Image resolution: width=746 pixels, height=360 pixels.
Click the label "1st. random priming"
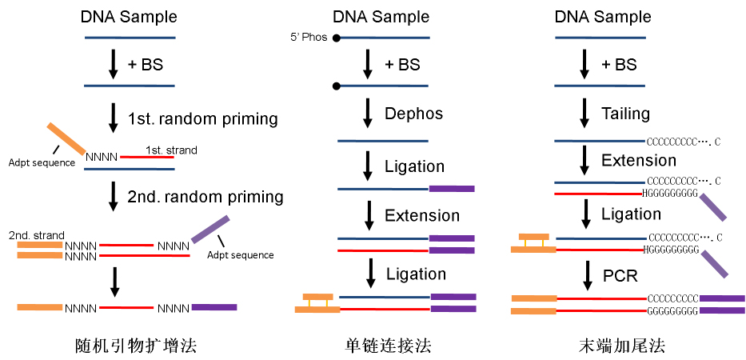[202, 119]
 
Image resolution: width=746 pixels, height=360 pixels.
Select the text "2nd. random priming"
[205, 197]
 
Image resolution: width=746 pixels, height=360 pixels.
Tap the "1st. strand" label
[170, 150]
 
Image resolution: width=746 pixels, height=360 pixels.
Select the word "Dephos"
[413, 114]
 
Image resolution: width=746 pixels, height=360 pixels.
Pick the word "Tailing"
[625, 114]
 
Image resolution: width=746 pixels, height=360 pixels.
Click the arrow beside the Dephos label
[368, 114]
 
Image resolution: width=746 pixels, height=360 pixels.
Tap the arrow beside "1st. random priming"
[113, 118]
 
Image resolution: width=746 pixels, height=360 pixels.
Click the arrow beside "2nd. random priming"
[113, 197]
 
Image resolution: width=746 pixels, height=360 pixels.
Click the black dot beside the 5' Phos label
[337, 38]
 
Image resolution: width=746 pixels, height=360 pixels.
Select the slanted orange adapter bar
[66, 138]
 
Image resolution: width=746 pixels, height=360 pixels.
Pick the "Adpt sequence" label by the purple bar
[240, 255]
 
